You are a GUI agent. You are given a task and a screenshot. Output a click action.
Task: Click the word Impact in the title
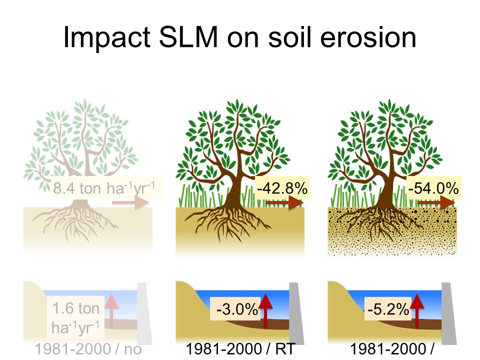coord(107,37)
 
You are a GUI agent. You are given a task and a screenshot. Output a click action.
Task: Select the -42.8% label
coord(282,188)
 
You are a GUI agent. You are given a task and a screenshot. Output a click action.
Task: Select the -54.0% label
coord(433,188)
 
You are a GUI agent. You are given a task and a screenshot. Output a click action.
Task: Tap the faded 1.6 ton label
coord(76,308)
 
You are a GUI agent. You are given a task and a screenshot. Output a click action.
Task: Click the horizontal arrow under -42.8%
coord(284,202)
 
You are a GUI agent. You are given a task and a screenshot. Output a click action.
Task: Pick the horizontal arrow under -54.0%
coord(436,202)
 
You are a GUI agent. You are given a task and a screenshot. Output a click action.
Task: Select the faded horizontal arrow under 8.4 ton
coord(130,202)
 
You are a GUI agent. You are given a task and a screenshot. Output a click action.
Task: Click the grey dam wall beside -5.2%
coord(449,313)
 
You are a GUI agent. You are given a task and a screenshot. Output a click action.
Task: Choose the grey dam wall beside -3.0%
coord(296,313)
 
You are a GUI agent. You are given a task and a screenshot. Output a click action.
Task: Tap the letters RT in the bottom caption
coord(285,349)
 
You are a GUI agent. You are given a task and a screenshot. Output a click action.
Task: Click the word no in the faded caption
coord(132,349)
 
